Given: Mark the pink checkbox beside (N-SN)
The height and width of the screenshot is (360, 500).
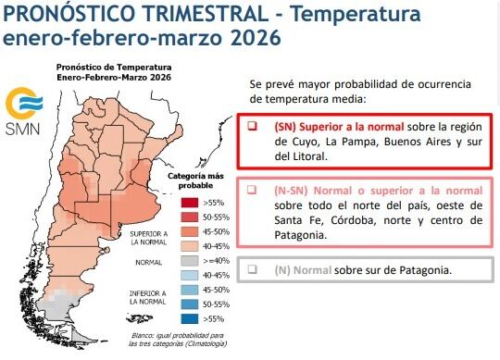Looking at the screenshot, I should click(x=252, y=189).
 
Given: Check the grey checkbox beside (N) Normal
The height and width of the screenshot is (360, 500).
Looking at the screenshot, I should click(x=252, y=269).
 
